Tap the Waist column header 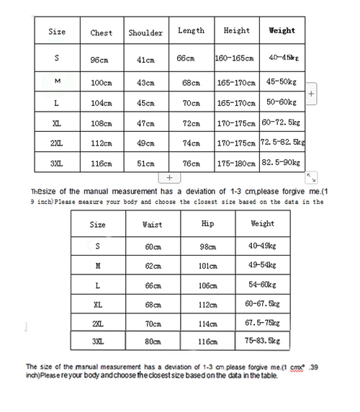coord(153,225)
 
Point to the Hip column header coord(208,224)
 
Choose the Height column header coord(236,31)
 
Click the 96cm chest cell coord(99,60)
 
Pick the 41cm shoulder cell coord(145,60)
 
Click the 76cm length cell coord(191,164)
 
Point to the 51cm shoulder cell coord(145,164)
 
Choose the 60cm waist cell coord(152,247)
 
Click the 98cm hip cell coord(208,247)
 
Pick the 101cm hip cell coord(208,266)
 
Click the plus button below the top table coord(168,177)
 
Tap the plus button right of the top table coord(311,94)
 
